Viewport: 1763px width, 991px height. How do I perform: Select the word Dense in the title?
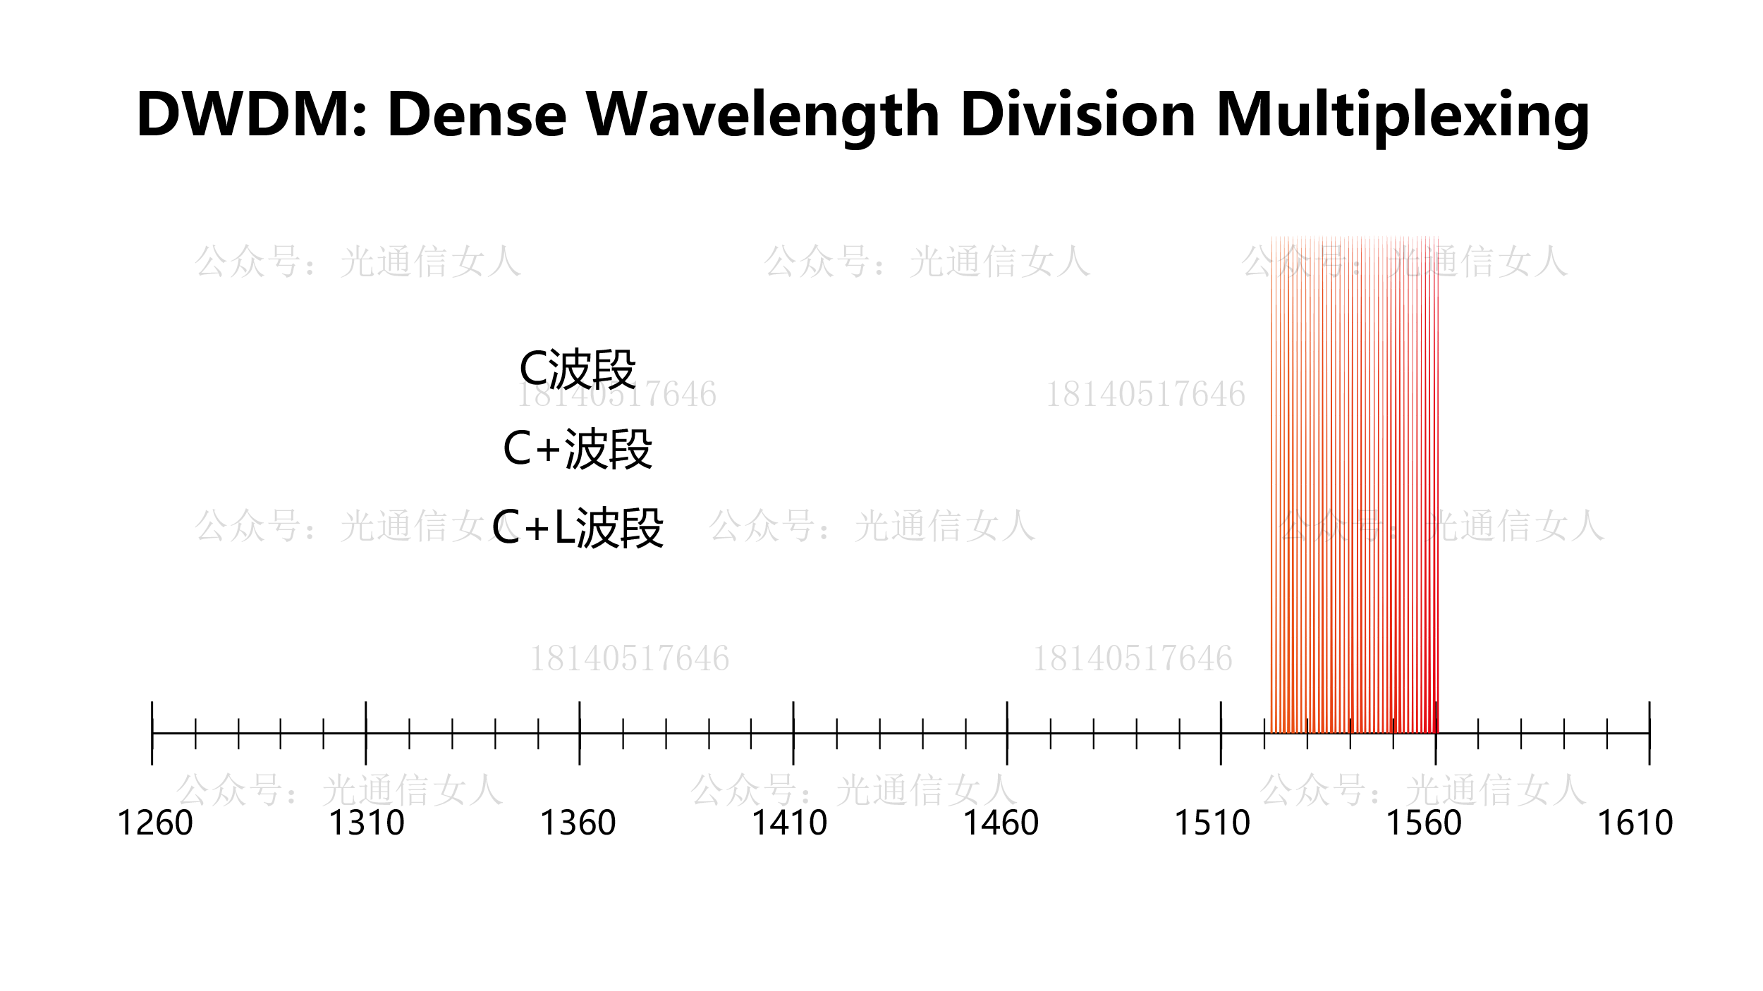click(x=477, y=114)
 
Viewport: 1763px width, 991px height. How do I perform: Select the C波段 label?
click(x=578, y=369)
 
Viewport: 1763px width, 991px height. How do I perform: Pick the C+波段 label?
click(x=578, y=449)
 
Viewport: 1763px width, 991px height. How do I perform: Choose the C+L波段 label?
click(x=578, y=528)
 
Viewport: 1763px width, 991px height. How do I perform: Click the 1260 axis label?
click(x=154, y=823)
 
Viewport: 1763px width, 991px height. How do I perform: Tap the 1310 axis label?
click(x=367, y=823)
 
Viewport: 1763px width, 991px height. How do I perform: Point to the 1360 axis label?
click(x=578, y=823)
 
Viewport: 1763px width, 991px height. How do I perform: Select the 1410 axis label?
click(x=789, y=823)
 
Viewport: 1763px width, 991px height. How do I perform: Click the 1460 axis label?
click(x=1001, y=823)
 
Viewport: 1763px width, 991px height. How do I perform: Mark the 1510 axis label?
click(x=1212, y=823)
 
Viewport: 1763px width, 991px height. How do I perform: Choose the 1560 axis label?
click(x=1424, y=823)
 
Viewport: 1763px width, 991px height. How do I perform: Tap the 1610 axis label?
click(x=1635, y=823)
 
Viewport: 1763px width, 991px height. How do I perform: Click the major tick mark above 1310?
click(x=365, y=733)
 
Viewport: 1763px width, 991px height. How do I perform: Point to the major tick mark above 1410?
click(x=793, y=733)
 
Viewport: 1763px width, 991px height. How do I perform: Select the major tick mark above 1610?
click(x=1649, y=733)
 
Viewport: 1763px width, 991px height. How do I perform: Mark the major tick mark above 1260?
click(x=152, y=733)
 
